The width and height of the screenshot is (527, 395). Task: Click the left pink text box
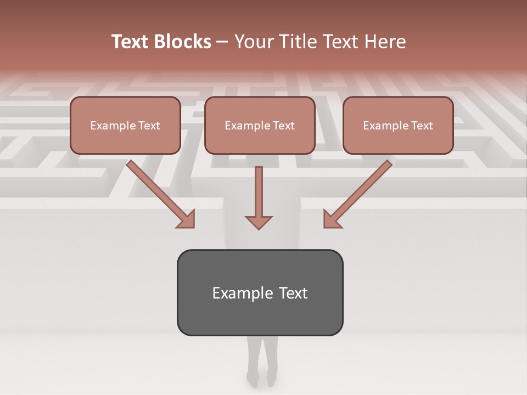click(125, 125)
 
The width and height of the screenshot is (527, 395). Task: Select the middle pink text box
click(260, 125)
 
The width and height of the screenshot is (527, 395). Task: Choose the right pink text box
click(398, 125)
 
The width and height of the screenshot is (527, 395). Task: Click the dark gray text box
click(260, 292)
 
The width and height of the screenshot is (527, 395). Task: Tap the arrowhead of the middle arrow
click(259, 222)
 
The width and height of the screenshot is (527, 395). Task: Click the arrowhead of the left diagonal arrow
click(187, 219)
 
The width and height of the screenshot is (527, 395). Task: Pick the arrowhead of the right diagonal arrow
click(332, 219)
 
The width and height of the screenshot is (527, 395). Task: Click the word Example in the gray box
click(236, 293)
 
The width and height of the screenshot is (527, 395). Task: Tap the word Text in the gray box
click(293, 293)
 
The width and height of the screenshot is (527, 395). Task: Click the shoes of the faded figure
click(261, 379)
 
